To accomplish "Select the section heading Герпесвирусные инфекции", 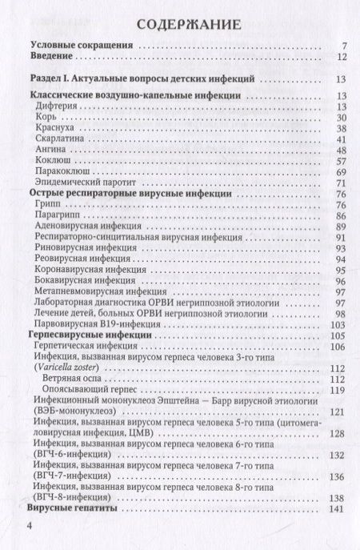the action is (89, 335).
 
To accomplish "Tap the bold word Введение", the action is (51, 58).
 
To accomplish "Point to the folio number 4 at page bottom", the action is (30, 527).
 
